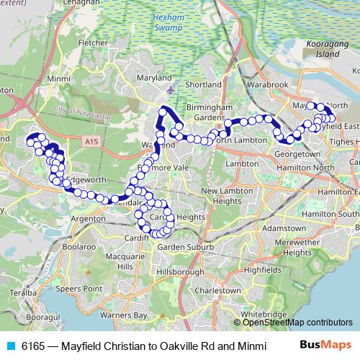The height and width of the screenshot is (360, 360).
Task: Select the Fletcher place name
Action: coord(92,43)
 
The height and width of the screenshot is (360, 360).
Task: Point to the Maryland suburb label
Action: coord(155,78)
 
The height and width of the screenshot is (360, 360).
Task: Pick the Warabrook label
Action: coord(270,84)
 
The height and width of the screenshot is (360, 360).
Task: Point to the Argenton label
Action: coord(89,217)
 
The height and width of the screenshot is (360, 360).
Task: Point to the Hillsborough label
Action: coord(173,272)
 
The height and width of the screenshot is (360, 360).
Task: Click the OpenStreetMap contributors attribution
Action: coord(297,322)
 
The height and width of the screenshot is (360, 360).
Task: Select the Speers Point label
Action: coord(81,288)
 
